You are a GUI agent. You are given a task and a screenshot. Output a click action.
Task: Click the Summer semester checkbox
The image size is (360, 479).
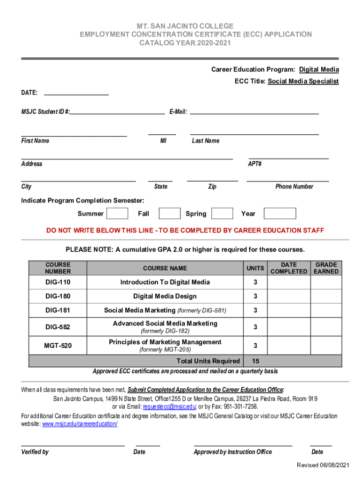click(x=117, y=214)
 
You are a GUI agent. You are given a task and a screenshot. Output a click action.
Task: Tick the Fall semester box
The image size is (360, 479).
click(x=169, y=214)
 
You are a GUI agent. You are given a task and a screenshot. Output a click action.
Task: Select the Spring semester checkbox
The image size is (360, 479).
click(x=222, y=214)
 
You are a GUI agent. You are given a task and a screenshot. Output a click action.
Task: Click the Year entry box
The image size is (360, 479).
click(x=280, y=214)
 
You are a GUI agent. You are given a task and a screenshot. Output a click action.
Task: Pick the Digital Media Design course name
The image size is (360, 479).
click(x=165, y=296)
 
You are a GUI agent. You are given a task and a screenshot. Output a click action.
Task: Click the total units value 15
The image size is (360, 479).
click(x=255, y=361)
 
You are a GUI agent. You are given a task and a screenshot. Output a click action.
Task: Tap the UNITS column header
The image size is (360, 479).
click(x=255, y=268)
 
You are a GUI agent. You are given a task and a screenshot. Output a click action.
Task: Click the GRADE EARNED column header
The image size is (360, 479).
click(x=326, y=268)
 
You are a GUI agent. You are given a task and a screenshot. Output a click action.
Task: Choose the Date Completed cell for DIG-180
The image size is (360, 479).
click(x=288, y=296)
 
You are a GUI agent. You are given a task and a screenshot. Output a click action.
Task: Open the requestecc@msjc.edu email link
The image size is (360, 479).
click(x=169, y=406)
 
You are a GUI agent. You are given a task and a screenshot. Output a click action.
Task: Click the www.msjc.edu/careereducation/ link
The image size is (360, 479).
click(x=80, y=424)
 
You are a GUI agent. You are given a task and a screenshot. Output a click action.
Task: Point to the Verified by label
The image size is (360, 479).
click(x=35, y=452)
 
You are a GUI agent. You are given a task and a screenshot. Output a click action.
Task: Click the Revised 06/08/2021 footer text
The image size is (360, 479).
click(x=323, y=464)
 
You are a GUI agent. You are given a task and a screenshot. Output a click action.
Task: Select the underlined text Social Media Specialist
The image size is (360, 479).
click(x=303, y=81)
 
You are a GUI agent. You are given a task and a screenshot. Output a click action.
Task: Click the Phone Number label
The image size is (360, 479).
click(x=294, y=187)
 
